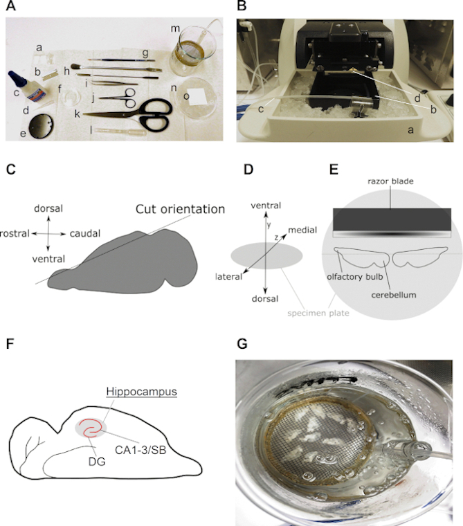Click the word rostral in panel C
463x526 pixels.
click(15, 234)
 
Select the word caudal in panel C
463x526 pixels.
click(84, 234)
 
